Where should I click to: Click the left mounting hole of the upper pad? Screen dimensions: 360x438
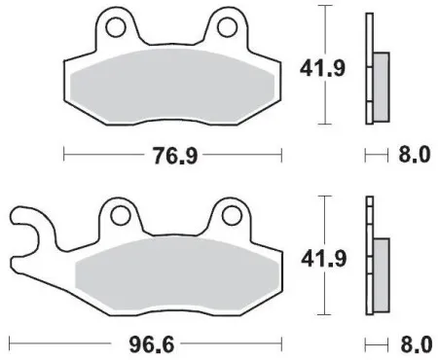click(115, 20)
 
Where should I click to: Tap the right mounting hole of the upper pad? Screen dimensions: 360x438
click(231, 20)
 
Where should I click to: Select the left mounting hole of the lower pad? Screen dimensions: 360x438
click(122, 213)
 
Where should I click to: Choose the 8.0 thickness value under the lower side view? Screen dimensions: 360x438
click(414, 345)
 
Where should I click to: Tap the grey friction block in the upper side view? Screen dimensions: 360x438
click(380, 79)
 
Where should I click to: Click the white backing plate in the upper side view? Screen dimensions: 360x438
click(369, 68)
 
